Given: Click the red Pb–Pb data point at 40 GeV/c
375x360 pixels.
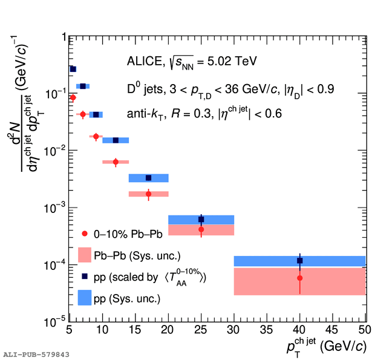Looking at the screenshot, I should point(300,278).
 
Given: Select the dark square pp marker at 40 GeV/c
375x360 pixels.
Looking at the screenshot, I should point(300,260).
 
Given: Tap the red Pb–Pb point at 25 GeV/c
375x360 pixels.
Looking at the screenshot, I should point(201,229).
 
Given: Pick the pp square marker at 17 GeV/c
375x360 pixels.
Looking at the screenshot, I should point(149,177).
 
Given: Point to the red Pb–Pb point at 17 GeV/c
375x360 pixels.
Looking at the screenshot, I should point(149,194).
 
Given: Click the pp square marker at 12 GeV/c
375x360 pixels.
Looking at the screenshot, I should point(116,140).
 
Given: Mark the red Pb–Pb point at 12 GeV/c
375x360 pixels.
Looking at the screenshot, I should point(116,162).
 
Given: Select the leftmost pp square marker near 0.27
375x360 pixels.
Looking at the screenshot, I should point(73,69).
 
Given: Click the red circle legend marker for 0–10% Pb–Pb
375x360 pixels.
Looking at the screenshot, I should point(85,234).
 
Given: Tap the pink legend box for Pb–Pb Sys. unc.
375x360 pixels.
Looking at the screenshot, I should point(85,255).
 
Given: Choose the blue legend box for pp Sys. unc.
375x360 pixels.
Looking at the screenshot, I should point(85,298).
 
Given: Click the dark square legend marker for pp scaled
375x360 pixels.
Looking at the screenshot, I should point(85,277).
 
